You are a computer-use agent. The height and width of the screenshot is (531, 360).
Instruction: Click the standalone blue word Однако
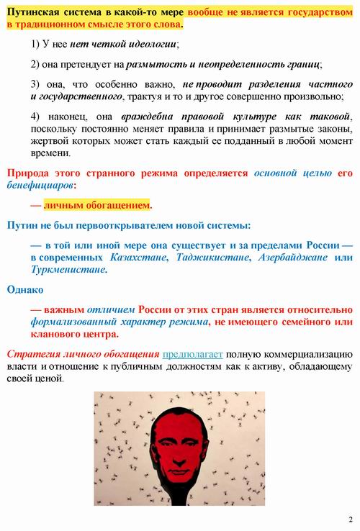coord(24,289)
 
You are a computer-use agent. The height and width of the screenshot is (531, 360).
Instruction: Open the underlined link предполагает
coord(193,355)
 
